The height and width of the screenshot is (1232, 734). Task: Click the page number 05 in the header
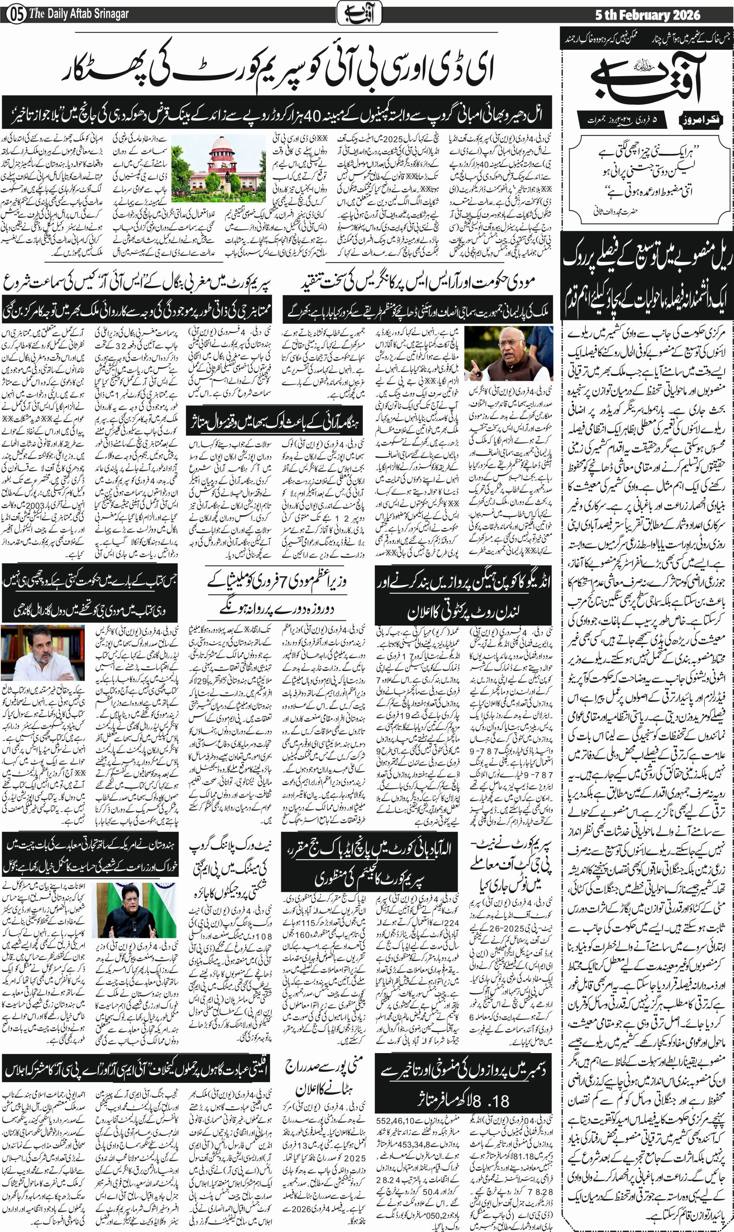pyautogui.click(x=17, y=14)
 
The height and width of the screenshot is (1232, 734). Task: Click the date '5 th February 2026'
pyautogui.click(x=647, y=15)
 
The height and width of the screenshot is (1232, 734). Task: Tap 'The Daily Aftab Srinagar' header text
pyautogui.click(x=79, y=14)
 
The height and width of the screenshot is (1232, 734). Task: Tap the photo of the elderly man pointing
pyautogui.click(x=508, y=353)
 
